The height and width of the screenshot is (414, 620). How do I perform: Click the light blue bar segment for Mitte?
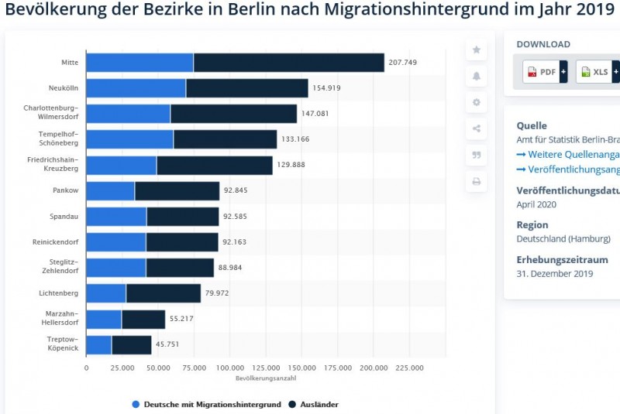pyautogui.click(x=139, y=63)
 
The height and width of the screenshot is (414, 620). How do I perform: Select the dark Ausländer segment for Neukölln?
pyautogui.click(x=246, y=88)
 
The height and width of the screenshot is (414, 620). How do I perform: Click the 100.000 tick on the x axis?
pyautogui.click(x=229, y=368)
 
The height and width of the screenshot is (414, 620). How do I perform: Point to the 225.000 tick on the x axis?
pyautogui.click(x=409, y=368)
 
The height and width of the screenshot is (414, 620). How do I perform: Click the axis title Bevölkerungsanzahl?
pyautogui.click(x=265, y=378)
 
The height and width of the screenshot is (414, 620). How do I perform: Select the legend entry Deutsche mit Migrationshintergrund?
pyautogui.click(x=206, y=404)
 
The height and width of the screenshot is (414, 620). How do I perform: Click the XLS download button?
pyautogui.click(x=595, y=72)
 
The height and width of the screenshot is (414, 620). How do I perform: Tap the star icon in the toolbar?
pyautogui.click(x=477, y=50)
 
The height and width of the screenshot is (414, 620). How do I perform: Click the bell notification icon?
pyautogui.click(x=477, y=76)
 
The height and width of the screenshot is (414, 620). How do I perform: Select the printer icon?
pyautogui.click(x=477, y=182)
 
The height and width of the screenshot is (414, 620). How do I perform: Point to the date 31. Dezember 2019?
pyautogui.click(x=554, y=274)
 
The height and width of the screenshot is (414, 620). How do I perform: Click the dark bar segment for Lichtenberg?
pyautogui.click(x=163, y=293)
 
